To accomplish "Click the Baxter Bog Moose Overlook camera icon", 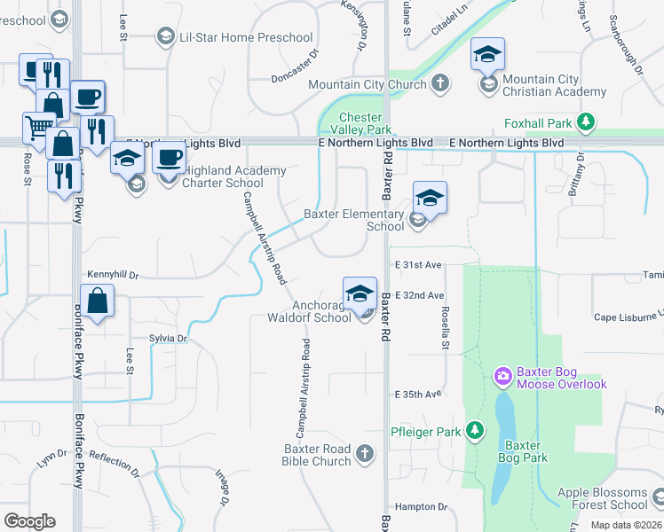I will click(x=503, y=377).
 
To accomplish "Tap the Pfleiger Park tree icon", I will click(x=476, y=431).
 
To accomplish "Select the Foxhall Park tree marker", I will click(x=585, y=121).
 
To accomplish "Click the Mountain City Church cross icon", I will click(x=440, y=84).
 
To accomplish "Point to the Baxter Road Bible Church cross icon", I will click(x=365, y=455).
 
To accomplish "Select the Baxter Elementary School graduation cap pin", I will click(x=430, y=197).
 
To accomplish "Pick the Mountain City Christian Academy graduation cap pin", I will click(x=487, y=54).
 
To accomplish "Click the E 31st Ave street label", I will click(x=420, y=265).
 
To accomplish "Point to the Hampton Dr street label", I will click(x=421, y=506).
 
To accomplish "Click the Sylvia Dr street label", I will click(x=169, y=339).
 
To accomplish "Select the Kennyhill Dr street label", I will click(x=114, y=276).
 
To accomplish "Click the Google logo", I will click(x=29, y=521).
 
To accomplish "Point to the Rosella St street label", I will click(x=446, y=327).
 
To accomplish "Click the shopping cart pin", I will click(x=39, y=129).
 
